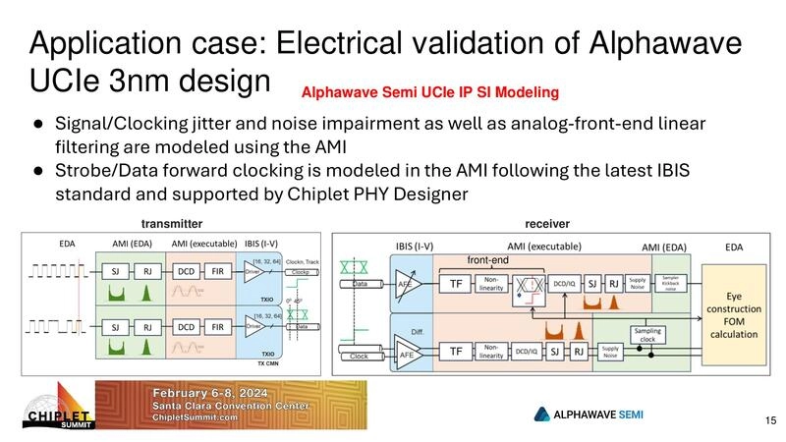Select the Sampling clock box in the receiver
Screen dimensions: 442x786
647,335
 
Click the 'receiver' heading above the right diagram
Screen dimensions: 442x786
546,224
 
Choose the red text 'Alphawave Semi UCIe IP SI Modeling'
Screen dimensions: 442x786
429,93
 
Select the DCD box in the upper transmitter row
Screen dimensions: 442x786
184,270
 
